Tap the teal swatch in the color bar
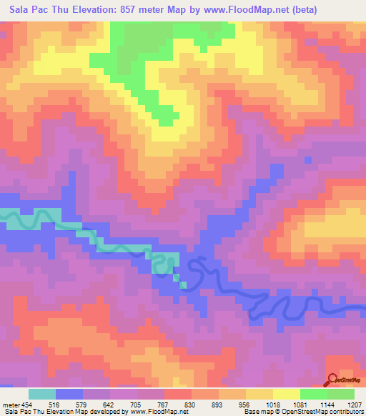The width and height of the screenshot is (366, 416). (42, 394)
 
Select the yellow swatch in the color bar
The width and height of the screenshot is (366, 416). (287, 394)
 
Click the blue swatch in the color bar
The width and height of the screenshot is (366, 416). (69, 394)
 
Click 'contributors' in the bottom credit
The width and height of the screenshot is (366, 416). (347, 412)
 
